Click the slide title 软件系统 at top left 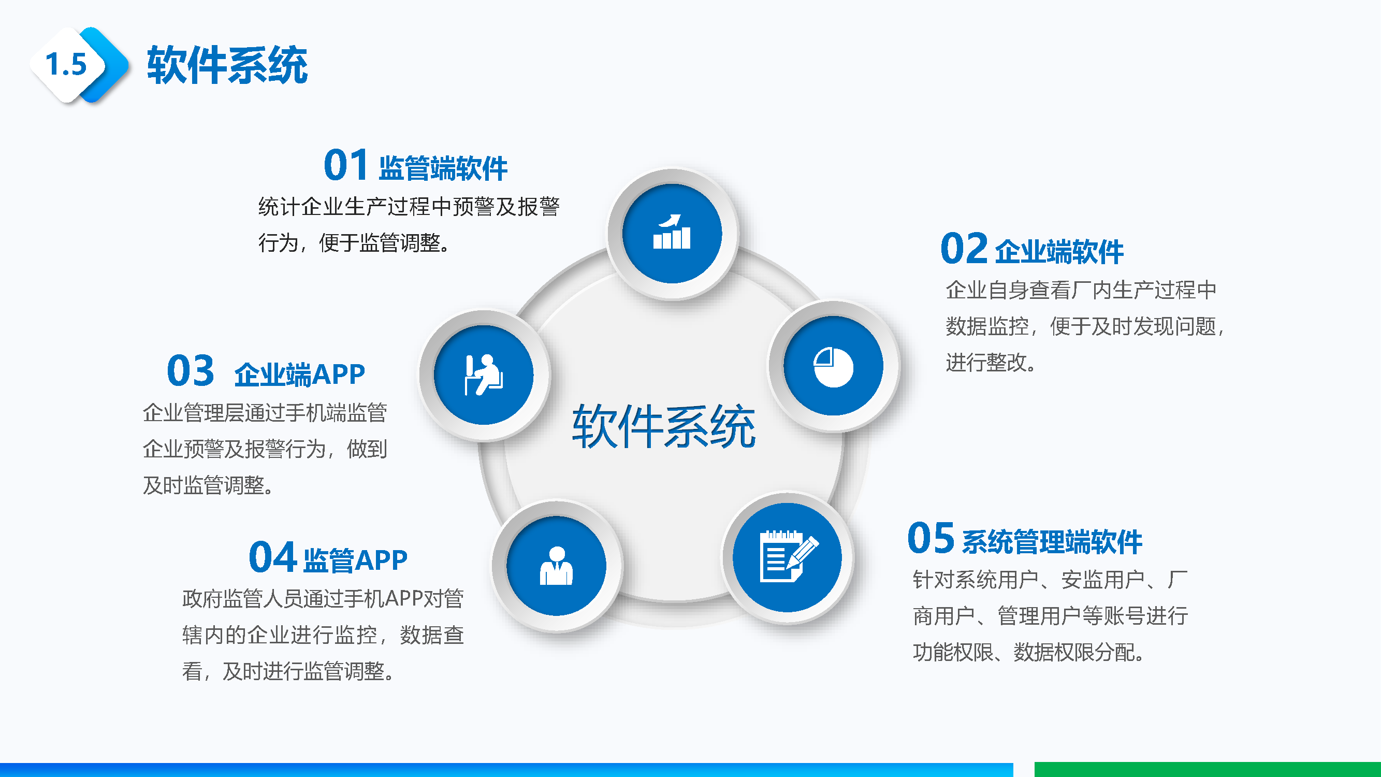[x=227, y=65]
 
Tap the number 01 [x=346, y=165]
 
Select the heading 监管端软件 [x=443, y=168]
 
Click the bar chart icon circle [x=672, y=233]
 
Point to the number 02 [x=963, y=248]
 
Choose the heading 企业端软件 [x=1059, y=252]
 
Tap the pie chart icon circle [x=833, y=366]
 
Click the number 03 [x=191, y=370]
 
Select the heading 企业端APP [x=300, y=375]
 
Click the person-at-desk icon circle [x=484, y=375]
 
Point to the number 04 [x=272, y=557]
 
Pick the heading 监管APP [x=355, y=560]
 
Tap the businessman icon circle [x=557, y=566]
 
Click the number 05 [x=931, y=538]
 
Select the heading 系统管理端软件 [x=1052, y=542]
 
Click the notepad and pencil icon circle [x=787, y=558]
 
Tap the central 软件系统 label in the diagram [x=664, y=426]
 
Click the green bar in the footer [x=1208, y=770]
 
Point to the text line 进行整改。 [x=990, y=363]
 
